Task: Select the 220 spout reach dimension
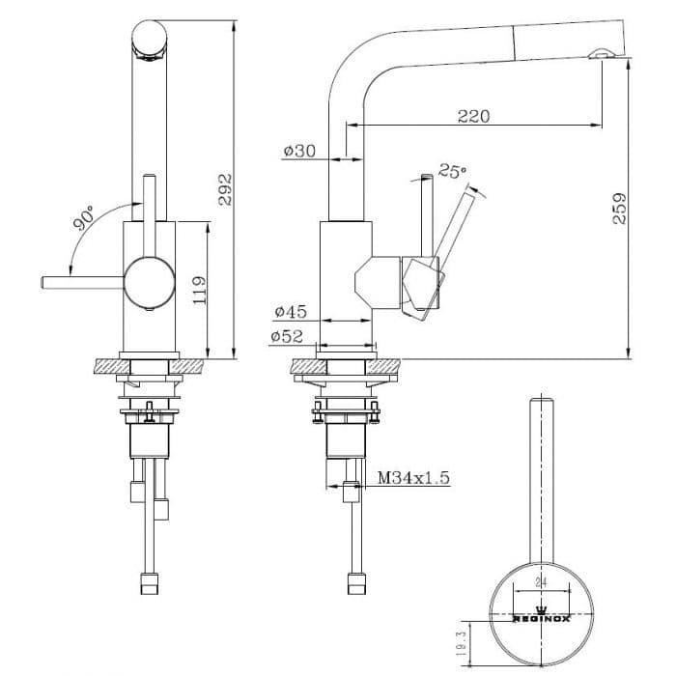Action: (473, 116)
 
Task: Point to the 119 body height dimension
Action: (199, 290)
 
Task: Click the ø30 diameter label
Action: (299, 151)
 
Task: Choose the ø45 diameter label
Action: (290, 312)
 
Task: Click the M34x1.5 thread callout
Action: (414, 477)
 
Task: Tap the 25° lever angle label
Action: (452, 171)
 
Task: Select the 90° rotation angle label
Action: (83, 218)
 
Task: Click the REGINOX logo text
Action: (541, 619)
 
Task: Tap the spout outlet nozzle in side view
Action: (601, 55)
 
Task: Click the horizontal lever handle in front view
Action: (82, 281)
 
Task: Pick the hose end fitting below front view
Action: (150, 582)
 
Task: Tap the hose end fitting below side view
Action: (354, 582)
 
